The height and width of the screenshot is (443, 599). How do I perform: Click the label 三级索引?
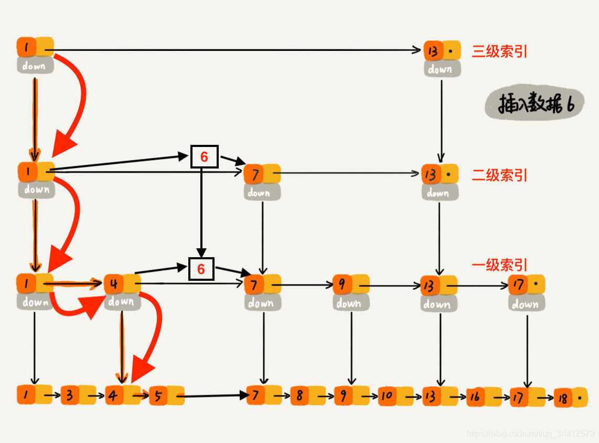point(499,51)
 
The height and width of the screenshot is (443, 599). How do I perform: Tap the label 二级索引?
point(499,175)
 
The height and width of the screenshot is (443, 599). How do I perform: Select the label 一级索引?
point(499,265)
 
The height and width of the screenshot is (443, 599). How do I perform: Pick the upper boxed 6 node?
point(204,156)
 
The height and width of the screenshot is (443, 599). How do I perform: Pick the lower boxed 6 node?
point(201,269)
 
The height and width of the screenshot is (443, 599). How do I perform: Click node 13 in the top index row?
point(442,51)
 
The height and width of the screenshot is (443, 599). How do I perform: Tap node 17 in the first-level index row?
point(527,285)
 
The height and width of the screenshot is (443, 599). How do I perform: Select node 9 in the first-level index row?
point(351,285)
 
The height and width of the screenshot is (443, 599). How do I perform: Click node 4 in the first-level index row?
point(122,284)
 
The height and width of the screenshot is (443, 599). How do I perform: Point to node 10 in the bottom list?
point(395,395)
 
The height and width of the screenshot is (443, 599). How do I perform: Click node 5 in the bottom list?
point(166,395)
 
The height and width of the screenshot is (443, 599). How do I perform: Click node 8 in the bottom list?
point(307,395)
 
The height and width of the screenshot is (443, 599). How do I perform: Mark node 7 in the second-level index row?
point(262,174)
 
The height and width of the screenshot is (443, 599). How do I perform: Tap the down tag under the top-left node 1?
point(35,66)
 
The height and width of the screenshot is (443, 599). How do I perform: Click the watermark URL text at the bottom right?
point(530,434)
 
